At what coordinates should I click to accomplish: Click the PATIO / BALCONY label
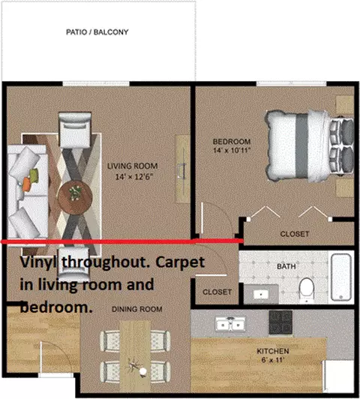[x=97, y=32]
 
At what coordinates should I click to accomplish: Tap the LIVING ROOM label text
[x=132, y=166]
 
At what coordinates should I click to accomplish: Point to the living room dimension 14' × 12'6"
[x=134, y=176]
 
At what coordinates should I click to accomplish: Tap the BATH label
[x=286, y=266]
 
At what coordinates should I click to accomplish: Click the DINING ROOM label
[x=137, y=309]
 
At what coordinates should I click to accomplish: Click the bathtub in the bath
[x=341, y=277]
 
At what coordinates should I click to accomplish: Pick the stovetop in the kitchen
[x=280, y=322]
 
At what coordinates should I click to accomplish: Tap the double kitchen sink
[x=230, y=324]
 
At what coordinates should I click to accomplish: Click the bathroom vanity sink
[x=261, y=295]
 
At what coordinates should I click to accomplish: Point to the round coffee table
[x=74, y=198]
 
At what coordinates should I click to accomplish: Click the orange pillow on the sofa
[x=26, y=184]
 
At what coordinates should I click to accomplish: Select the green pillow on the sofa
[x=34, y=175]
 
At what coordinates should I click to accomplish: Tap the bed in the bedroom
[x=309, y=145]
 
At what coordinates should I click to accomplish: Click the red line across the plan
[x=121, y=241]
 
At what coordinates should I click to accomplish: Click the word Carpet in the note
[x=180, y=262]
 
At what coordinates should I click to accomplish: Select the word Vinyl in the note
[x=40, y=262]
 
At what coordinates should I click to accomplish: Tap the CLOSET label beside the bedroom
[x=294, y=234]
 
